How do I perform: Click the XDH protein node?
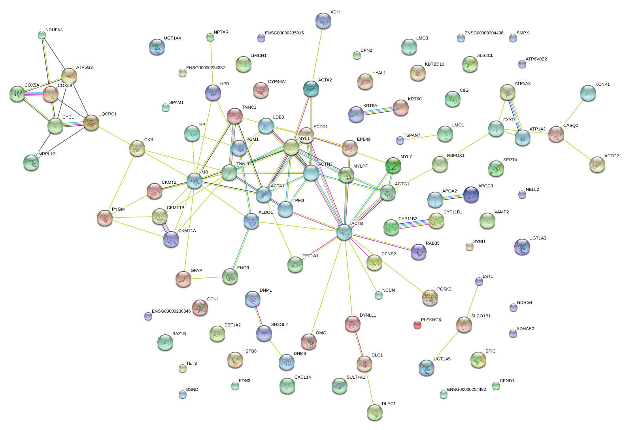(x=323, y=21)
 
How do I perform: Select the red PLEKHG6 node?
(x=417, y=325)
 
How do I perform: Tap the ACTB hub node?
(x=344, y=232)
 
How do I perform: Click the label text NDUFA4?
(x=54, y=30)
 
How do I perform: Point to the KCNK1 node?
(x=588, y=93)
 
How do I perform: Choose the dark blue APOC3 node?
(x=471, y=194)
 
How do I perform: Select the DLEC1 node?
(x=374, y=412)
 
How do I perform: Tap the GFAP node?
(x=183, y=279)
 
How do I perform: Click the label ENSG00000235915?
(x=284, y=33)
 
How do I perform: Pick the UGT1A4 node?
(x=157, y=47)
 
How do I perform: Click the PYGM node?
(x=105, y=218)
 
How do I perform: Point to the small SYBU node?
(x=469, y=247)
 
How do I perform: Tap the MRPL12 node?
(x=31, y=162)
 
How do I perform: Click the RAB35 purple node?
(x=418, y=252)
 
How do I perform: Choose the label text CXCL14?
(x=302, y=377)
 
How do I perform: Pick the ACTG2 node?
(x=597, y=164)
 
